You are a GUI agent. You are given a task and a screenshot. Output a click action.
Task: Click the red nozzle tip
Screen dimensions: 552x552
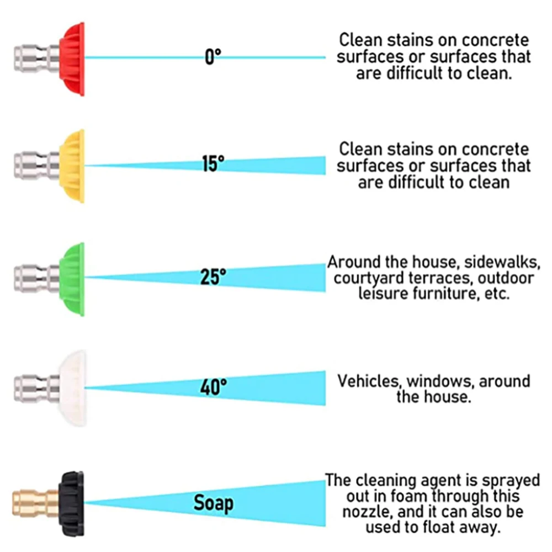click(73, 59)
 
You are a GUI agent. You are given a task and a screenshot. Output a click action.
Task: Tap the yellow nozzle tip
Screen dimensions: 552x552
click(73, 166)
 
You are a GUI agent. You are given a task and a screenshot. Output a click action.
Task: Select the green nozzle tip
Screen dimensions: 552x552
click(73, 278)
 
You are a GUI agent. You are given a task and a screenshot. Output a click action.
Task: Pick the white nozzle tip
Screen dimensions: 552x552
click(73, 388)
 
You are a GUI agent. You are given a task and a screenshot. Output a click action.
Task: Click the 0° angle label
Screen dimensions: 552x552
click(213, 56)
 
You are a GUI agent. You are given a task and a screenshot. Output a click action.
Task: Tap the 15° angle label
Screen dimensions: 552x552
click(213, 164)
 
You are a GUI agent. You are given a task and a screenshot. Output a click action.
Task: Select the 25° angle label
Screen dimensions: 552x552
click(213, 277)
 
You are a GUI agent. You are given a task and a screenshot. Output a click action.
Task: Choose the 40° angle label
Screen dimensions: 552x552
click(213, 387)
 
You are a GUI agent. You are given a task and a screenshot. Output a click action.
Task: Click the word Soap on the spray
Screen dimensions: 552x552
click(213, 503)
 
